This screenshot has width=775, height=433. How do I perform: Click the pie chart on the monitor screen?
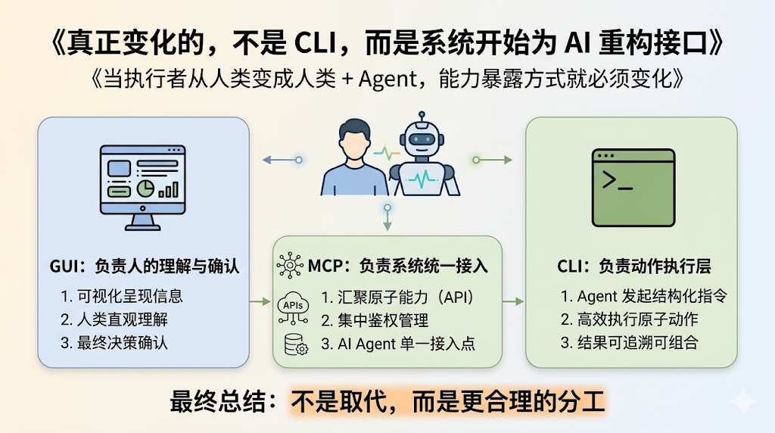click(x=145, y=186)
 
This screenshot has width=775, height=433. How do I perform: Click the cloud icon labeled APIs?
click(x=294, y=304)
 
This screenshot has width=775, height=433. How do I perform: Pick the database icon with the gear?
click(x=294, y=344)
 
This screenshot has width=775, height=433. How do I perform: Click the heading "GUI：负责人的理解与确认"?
click(x=143, y=266)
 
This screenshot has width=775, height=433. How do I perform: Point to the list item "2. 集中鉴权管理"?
click(x=375, y=320)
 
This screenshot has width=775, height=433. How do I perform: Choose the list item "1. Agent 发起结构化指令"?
click(x=644, y=296)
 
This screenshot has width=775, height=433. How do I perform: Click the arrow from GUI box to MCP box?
click(x=260, y=301)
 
